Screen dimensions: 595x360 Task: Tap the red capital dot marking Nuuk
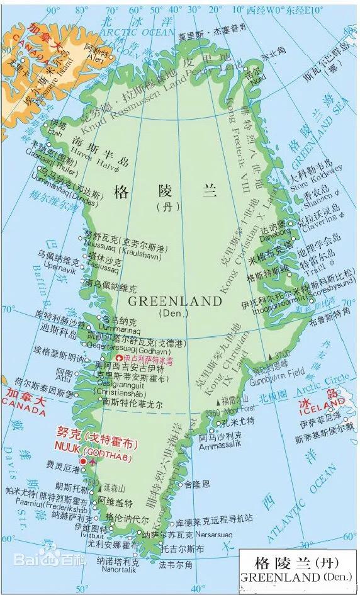(x=82, y=462)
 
